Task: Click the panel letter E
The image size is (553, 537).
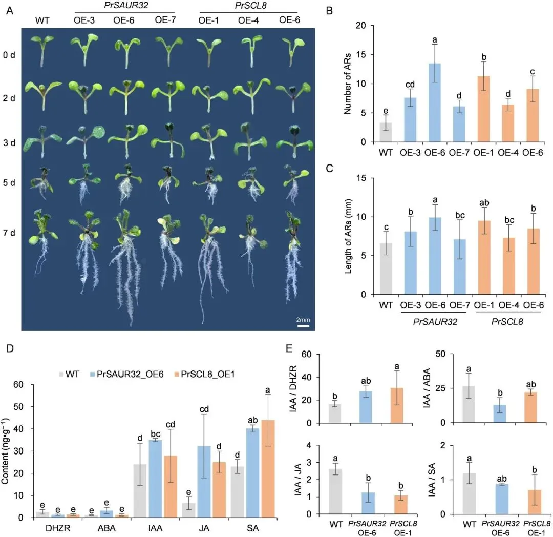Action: coord(289,349)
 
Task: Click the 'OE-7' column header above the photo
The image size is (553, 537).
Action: coord(165,20)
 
